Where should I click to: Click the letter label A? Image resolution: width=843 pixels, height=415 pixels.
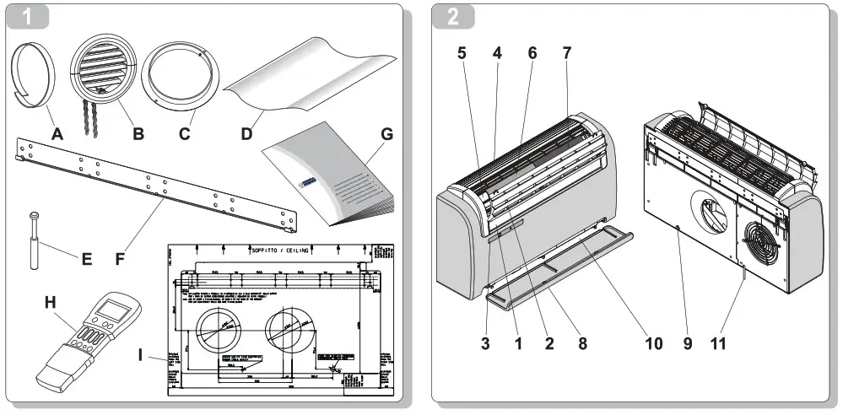point(57,133)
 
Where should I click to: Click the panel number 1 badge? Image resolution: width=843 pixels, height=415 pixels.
point(28,18)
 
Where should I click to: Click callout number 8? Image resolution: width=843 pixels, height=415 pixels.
point(583,343)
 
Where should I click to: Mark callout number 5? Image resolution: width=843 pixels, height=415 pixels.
point(462,52)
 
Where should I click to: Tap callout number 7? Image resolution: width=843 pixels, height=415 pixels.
point(567,52)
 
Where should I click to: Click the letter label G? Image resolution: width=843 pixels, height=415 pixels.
point(387,133)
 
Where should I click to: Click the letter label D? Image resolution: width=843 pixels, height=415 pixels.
point(247,133)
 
